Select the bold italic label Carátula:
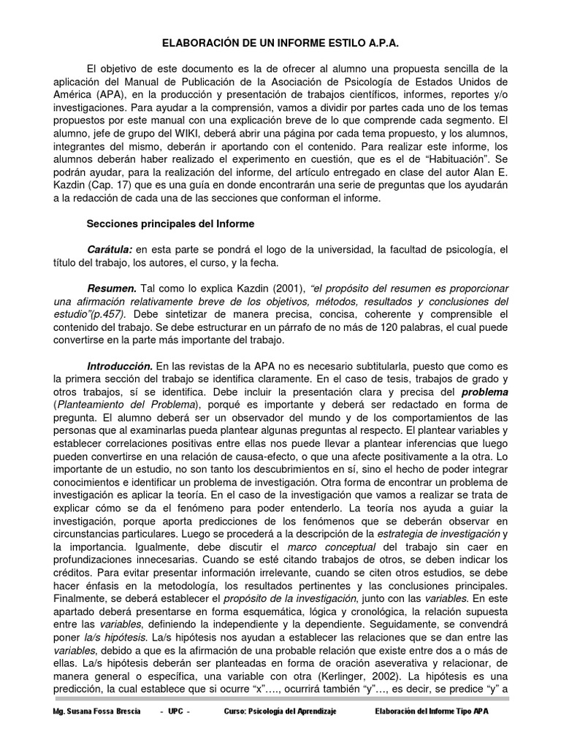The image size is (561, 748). [x=110, y=250]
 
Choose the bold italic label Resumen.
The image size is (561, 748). [x=112, y=289]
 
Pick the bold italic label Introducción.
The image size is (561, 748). [x=120, y=365]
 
